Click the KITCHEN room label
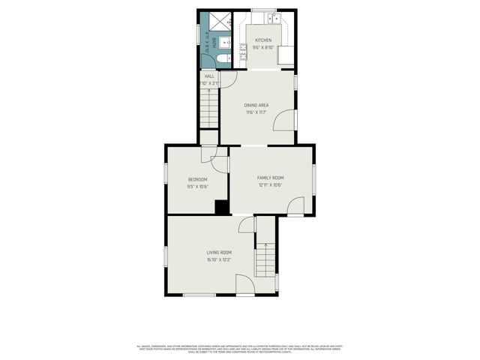(262, 40)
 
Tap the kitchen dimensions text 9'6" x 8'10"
(262, 47)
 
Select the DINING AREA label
(256, 105)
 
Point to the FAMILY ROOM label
(271, 177)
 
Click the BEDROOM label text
(197, 180)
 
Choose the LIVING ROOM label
(219, 253)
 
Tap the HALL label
(209, 76)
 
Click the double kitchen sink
(276, 18)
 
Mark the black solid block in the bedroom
(221, 208)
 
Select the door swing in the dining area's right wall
(286, 120)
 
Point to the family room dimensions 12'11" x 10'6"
(271, 184)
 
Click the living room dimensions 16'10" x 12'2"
(219, 260)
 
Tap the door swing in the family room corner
(296, 205)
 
